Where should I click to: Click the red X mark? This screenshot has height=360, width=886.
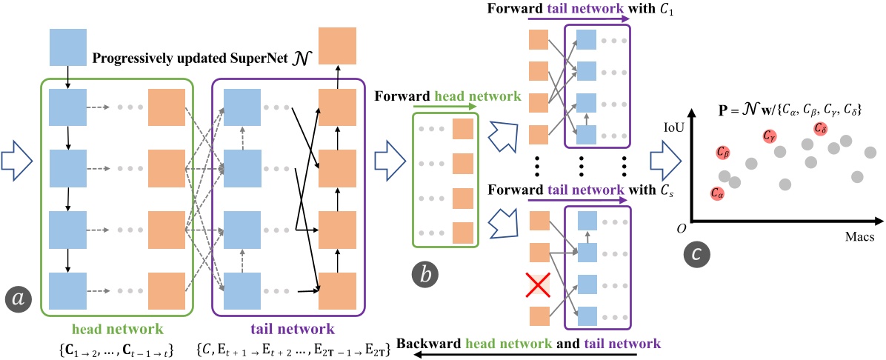[x=539, y=284]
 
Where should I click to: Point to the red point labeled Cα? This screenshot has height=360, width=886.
[x=717, y=193]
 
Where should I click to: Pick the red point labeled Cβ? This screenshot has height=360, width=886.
[x=723, y=152]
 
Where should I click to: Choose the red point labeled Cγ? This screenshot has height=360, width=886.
[x=771, y=137]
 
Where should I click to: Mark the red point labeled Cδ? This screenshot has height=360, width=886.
[x=820, y=129]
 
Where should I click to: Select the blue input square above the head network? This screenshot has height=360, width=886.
[x=67, y=46]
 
